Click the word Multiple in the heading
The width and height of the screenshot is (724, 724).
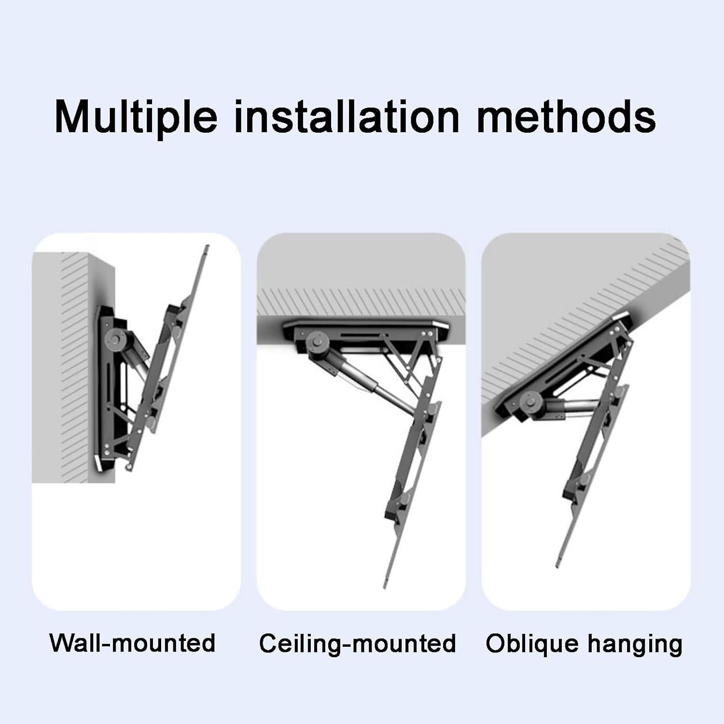click(136, 117)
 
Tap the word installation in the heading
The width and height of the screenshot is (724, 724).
click(347, 117)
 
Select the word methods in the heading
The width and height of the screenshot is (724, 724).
click(566, 117)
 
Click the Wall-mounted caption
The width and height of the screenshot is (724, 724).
click(132, 643)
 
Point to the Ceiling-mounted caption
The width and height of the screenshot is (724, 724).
click(357, 643)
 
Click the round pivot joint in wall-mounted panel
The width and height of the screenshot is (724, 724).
click(118, 338)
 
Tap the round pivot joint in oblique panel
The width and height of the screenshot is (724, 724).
click(531, 400)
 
